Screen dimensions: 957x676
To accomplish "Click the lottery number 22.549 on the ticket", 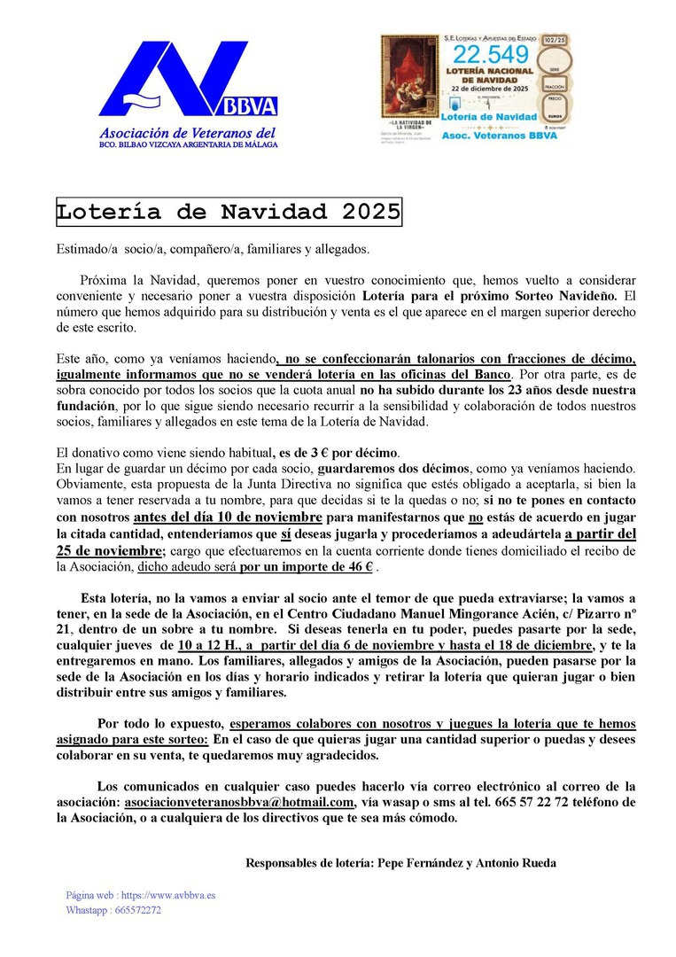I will (x=491, y=56).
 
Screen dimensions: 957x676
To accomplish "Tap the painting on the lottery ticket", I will (x=409, y=76).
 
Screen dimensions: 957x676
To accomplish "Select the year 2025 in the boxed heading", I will (x=366, y=213).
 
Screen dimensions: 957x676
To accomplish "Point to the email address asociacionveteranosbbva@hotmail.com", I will (x=239, y=802).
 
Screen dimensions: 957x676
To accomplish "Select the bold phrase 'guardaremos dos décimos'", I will (x=391, y=468).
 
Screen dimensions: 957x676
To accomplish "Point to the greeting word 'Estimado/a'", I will (x=82, y=249).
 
